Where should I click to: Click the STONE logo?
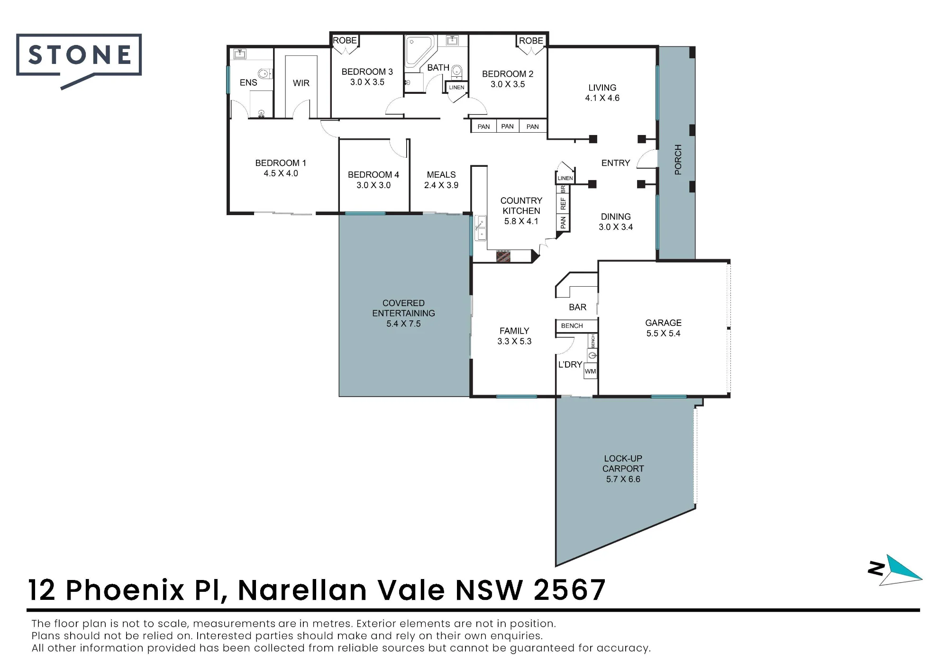click(x=79, y=59)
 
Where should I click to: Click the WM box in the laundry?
click(x=590, y=371)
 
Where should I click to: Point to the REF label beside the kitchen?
click(x=563, y=204)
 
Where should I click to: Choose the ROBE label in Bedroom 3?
click(x=345, y=40)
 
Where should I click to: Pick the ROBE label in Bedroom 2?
click(x=531, y=41)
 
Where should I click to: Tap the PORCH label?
click(x=678, y=160)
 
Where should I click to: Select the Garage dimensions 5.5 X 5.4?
click(x=663, y=334)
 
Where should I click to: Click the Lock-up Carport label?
click(x=623, y=463)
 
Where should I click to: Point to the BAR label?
click(x=577, y=307)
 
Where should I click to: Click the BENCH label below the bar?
click(x=572, y=326)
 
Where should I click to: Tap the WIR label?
click(x=301, y=83)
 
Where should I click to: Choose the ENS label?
click(x=248, y=82)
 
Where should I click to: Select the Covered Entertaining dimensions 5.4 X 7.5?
click(x=403, y=324)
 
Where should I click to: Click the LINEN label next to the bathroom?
click(x=456, y=87)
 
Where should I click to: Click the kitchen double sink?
click(x=481, y=228)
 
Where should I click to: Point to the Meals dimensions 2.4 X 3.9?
click(x=441, y=185)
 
